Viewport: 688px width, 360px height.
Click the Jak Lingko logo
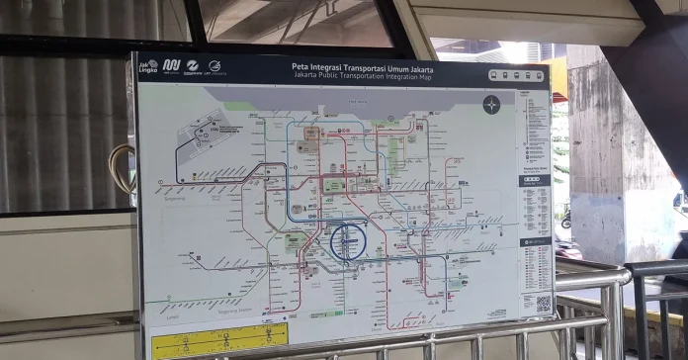148,66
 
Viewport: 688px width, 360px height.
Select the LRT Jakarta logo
215,66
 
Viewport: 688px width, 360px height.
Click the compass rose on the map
491,104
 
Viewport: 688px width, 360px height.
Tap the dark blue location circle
348,241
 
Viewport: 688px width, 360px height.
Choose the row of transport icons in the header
520,74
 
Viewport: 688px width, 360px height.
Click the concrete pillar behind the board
613,148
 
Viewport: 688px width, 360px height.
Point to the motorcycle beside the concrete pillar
565,219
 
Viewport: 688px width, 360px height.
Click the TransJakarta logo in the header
194,66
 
